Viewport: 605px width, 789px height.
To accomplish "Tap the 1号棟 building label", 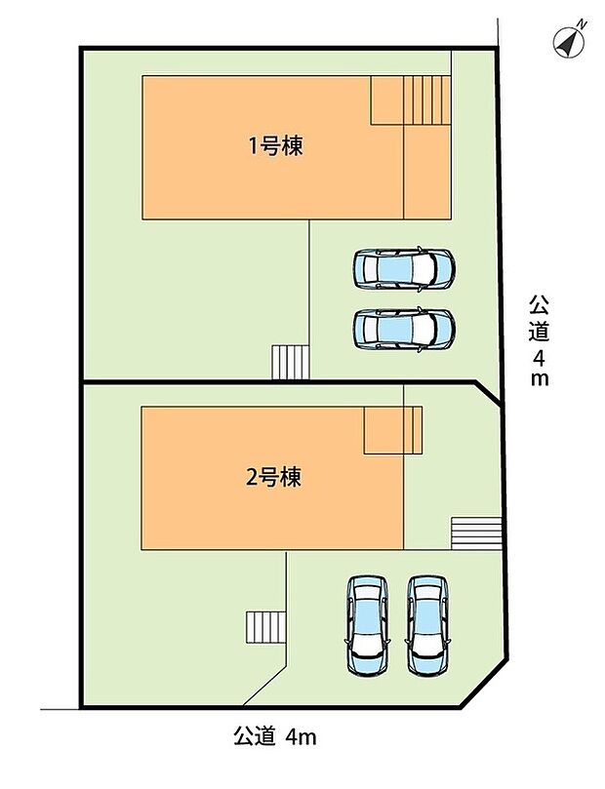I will pyautogui.click(x=273, y=146).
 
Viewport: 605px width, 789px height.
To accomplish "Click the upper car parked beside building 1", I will pyautogui.click(x=403, y=267).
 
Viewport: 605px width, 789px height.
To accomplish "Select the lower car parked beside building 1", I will pyautogui.click(x=403, y=330).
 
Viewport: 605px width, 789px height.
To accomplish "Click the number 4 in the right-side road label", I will pyautogui.click(x=540, y=356).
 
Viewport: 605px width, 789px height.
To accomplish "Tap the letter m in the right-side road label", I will pyautogui.click(x=540, y=379).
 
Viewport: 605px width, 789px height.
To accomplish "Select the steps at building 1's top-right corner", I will pyautogui.click(x=410, y=99).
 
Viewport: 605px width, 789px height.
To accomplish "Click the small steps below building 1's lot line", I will pyautogui.click(x=290, y=363).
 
